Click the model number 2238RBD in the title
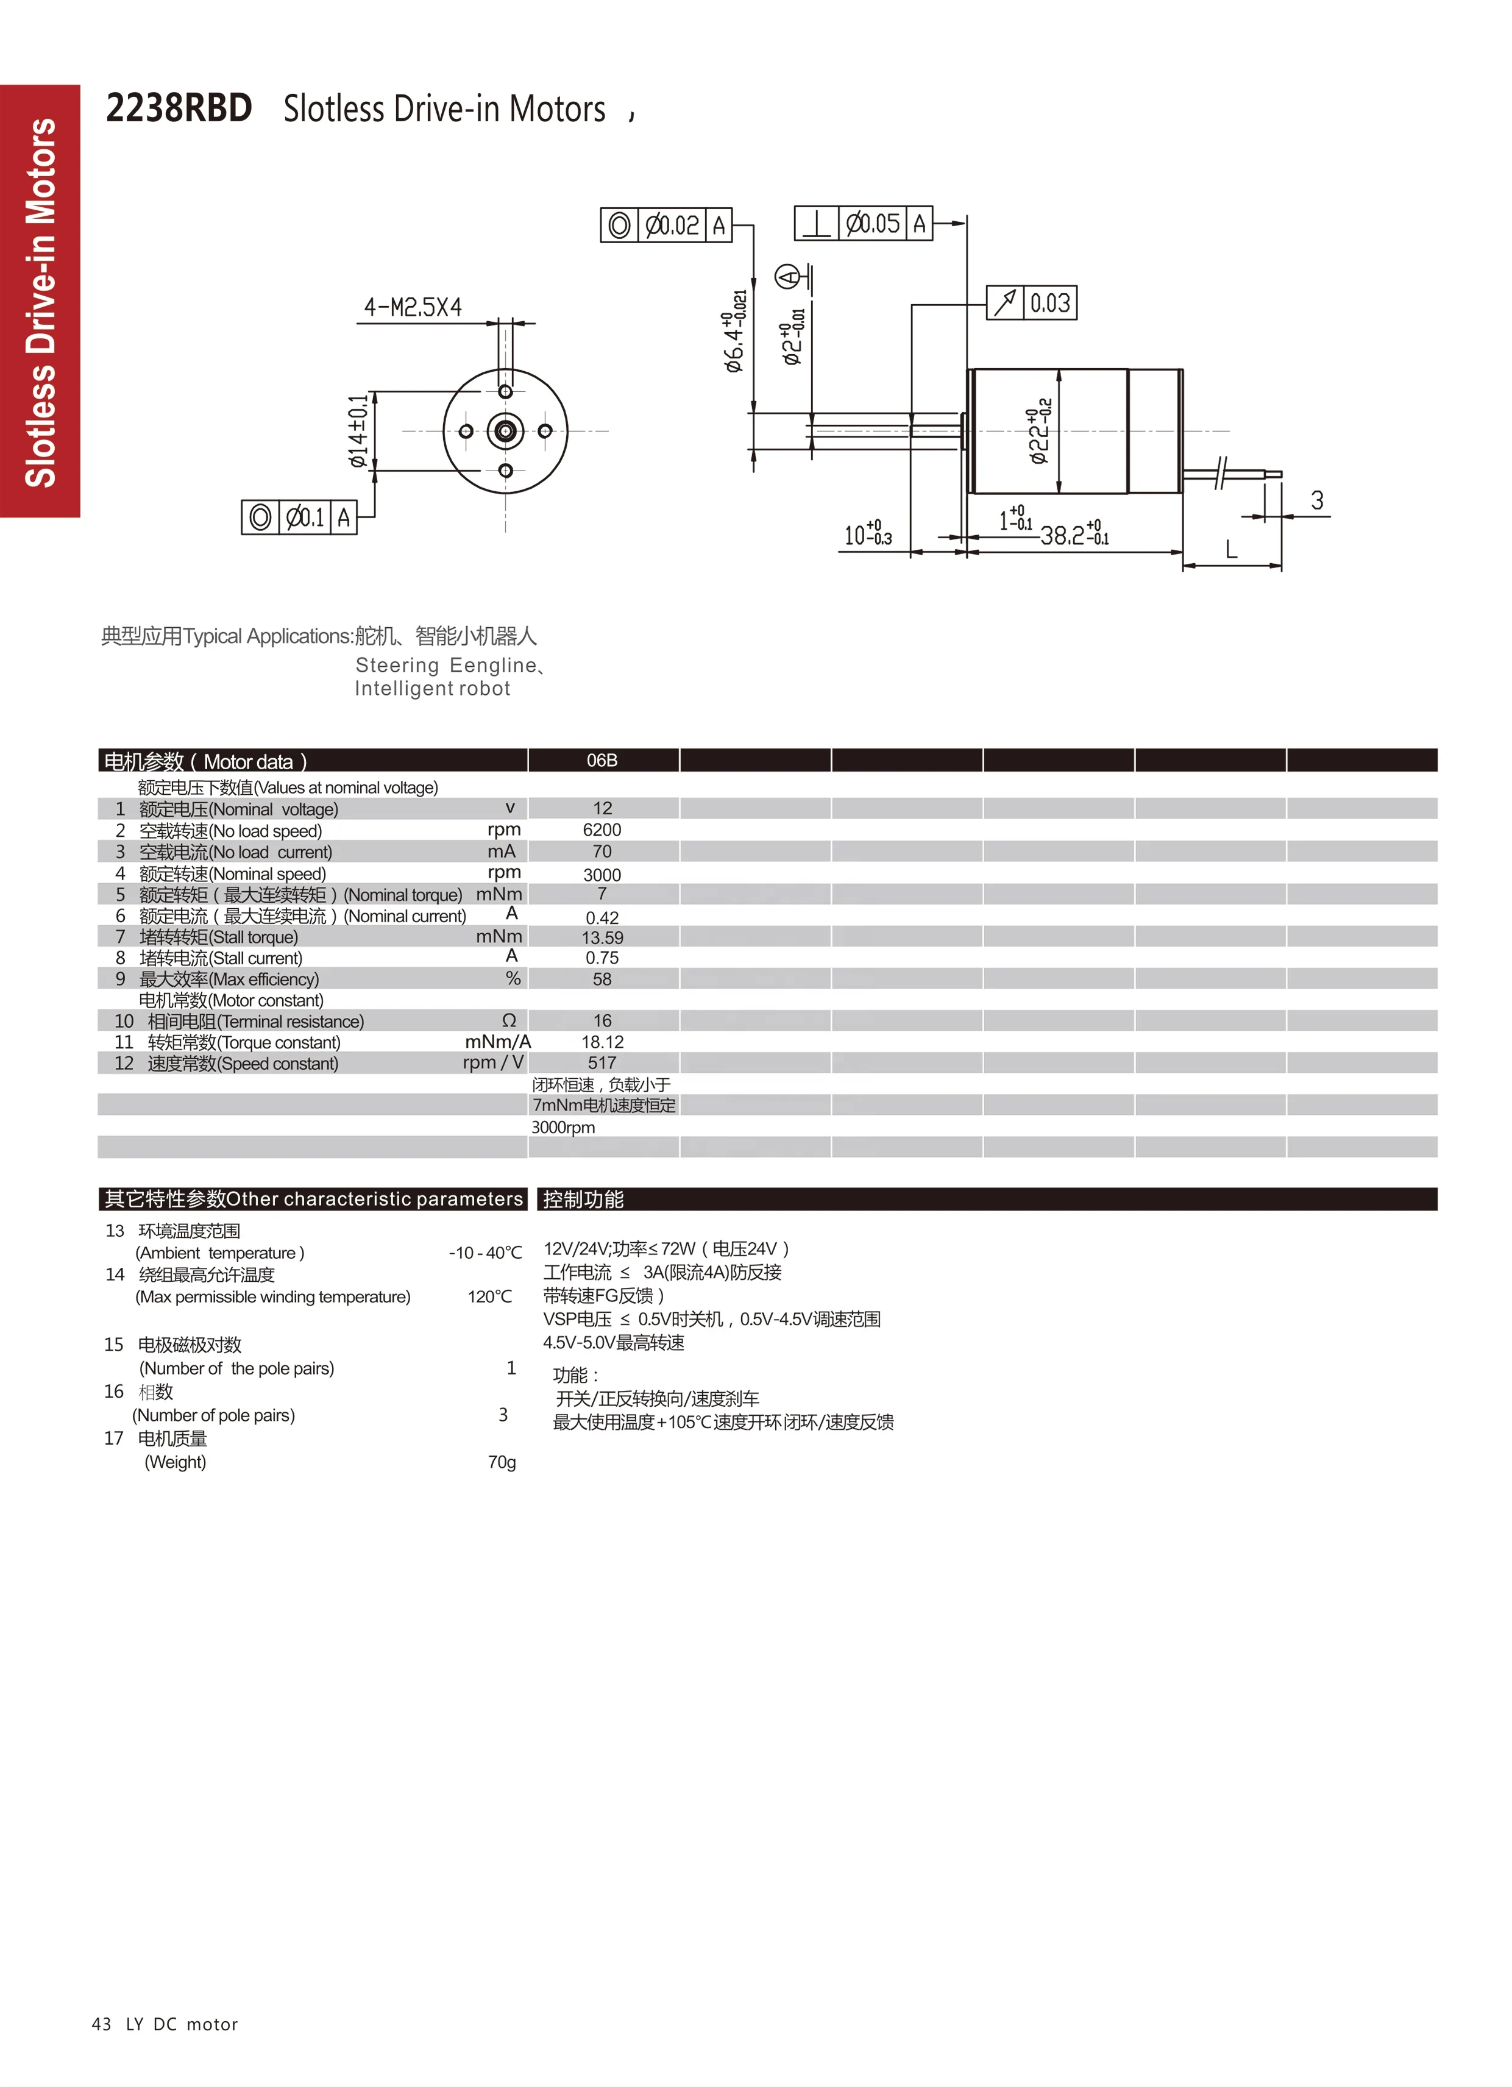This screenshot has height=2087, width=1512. point(179,108)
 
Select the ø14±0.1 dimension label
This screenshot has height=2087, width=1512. point(358,431)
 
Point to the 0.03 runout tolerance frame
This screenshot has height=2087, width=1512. point(1032,303)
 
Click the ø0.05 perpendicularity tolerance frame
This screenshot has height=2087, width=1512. point(863,224)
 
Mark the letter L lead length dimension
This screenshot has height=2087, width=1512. point(1231,550)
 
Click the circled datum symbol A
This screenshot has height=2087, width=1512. point(787,276)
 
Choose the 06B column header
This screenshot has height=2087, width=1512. point(602,760)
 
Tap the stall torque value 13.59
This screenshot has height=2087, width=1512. point(602,937)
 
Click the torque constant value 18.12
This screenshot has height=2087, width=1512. point(602,1042)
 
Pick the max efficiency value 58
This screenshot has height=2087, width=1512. point(602,979)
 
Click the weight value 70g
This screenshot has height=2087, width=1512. point(502,1462)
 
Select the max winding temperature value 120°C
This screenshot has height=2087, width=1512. point(489,1296)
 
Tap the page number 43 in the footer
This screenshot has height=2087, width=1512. point(101,2024)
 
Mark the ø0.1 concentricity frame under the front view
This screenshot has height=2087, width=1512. point(299,517)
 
